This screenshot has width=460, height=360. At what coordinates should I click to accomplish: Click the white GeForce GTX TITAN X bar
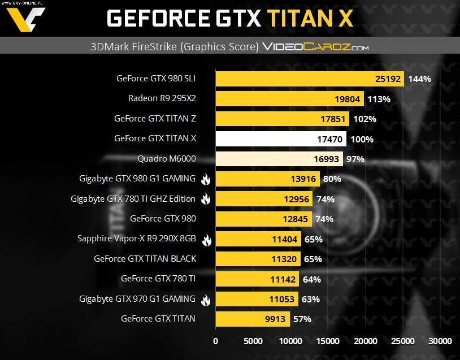coord(280,138)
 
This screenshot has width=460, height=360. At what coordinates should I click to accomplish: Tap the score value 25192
coord(388,79)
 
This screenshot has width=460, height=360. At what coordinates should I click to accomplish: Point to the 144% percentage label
coord(419,79)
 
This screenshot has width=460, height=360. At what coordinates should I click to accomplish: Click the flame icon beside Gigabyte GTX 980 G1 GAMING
coord(205,179)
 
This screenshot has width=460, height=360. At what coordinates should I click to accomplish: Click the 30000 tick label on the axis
coord(440,341)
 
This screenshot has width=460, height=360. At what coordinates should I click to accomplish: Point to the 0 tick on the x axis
coord(215,341)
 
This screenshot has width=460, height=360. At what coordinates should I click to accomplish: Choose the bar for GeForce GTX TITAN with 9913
coord(253,319)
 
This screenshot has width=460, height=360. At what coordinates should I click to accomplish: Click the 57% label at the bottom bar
coord(302,319)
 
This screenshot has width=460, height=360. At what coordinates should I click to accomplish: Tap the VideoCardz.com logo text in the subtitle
coord(315,47)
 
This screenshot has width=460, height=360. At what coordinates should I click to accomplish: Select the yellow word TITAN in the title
coord(300,19)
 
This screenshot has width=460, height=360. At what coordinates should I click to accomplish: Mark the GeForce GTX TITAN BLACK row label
coord(145,259)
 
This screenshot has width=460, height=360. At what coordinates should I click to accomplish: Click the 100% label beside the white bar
coord(362,139)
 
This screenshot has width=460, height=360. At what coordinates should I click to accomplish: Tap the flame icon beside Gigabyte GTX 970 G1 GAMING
coord(205,299)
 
